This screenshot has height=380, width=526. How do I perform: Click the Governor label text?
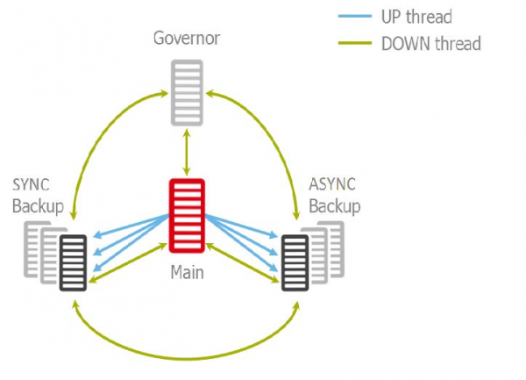186,38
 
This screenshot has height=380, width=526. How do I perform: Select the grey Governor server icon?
187,92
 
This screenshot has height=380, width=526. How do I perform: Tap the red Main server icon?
186,215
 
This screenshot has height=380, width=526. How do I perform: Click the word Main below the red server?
186,273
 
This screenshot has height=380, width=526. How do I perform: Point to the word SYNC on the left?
32,186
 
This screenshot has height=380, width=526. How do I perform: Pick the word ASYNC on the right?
334,186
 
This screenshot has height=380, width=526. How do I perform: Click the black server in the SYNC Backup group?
74,262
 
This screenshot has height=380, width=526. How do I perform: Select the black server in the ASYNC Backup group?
295,262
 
